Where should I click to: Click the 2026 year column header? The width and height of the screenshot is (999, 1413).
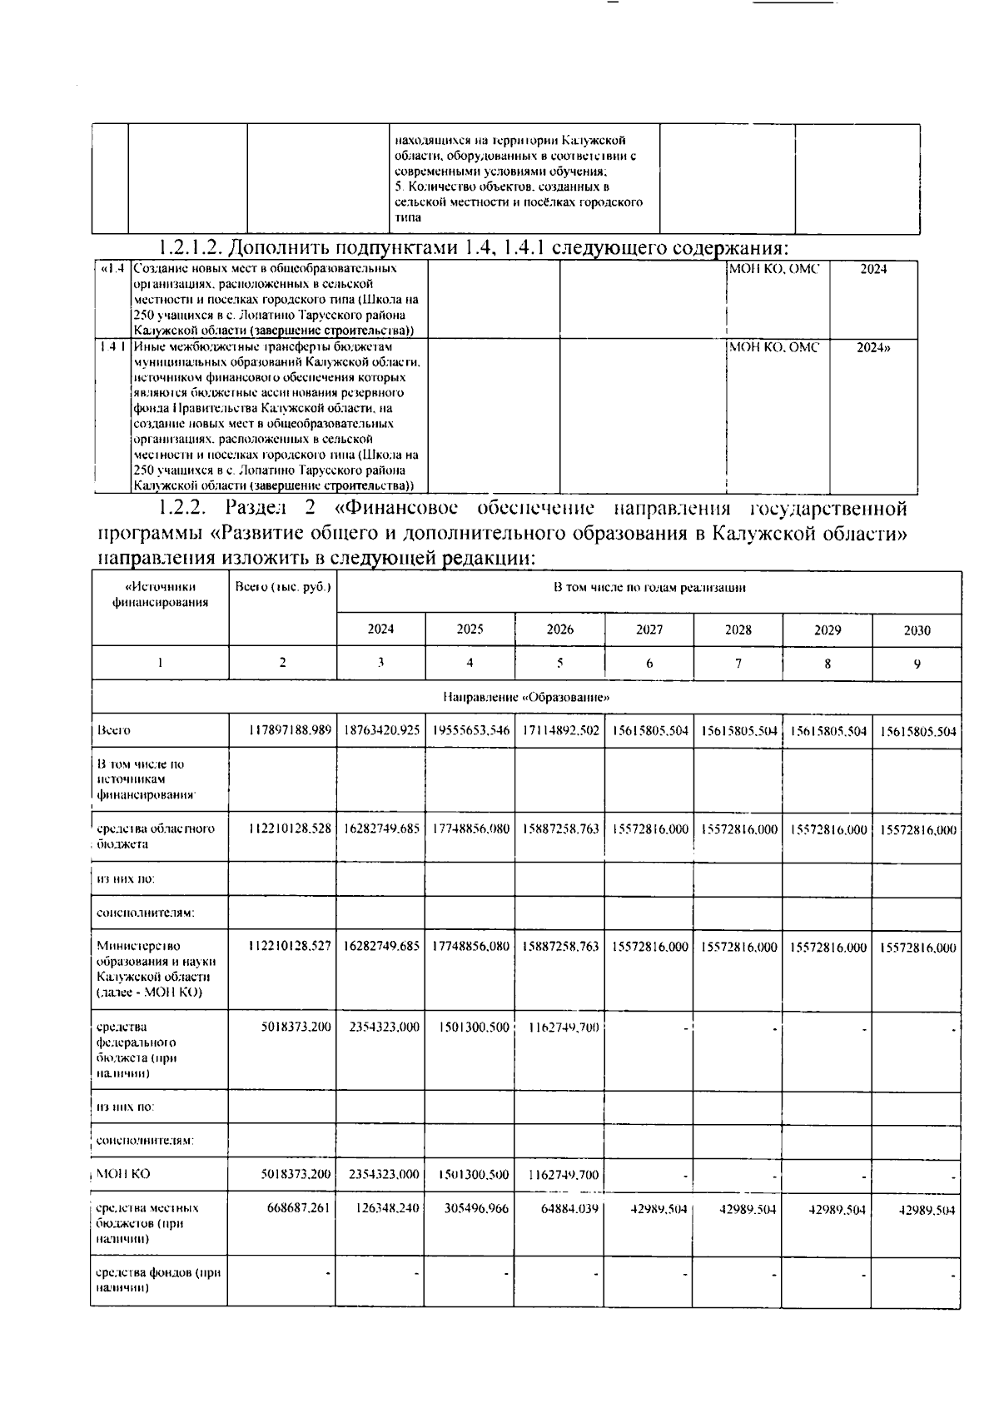click(x=559, y=629)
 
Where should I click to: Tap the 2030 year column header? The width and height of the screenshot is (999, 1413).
click(x=917, y=630)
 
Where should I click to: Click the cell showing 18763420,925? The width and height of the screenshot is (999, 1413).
click(x=381, y=731)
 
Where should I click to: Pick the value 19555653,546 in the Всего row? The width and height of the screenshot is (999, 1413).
click(x=471, y=731)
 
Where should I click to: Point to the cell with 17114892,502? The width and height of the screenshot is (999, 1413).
click(x=559, y=731)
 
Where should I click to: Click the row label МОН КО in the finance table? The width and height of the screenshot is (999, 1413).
click(x=123, y=1174)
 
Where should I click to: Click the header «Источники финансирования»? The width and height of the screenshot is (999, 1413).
click(x=160, y=595)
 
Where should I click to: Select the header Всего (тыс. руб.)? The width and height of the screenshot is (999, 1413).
click(x=283, y=587)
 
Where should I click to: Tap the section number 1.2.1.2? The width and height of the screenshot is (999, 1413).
click(x=189, y=248)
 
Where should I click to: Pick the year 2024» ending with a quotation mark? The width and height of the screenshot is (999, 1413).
click(x=873, y=347)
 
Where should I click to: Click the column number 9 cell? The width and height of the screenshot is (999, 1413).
click(x=917, y=664)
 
